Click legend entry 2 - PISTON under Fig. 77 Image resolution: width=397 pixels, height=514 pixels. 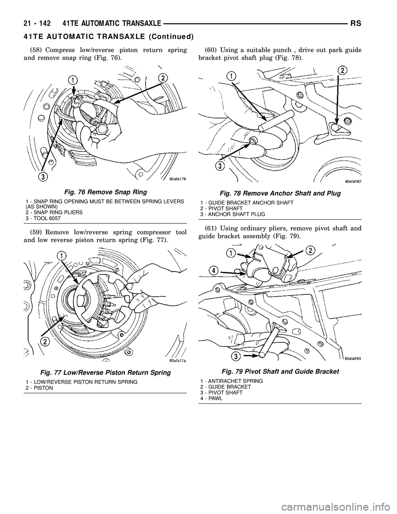39,388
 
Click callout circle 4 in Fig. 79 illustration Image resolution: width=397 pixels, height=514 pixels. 213,270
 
